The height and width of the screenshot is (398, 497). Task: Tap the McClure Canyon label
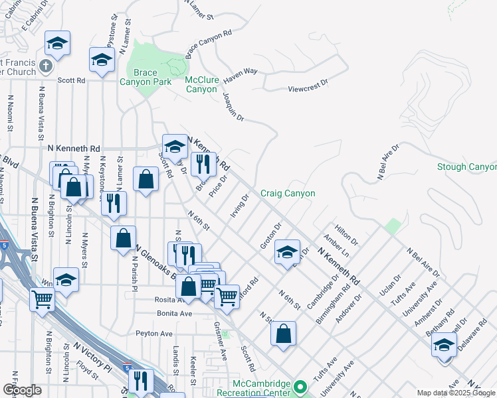click(201, 84)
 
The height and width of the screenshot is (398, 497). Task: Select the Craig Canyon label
click(287, 193)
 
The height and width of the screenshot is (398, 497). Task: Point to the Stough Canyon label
click(467, 166)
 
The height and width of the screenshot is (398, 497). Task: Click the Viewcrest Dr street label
click(308, 85)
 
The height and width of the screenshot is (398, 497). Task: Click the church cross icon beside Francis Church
click(45, 67)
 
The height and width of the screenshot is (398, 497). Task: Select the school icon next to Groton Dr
click(286, 252)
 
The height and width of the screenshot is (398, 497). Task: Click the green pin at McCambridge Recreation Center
click(300, 386)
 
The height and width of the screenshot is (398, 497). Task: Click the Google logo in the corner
click(22, 390)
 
